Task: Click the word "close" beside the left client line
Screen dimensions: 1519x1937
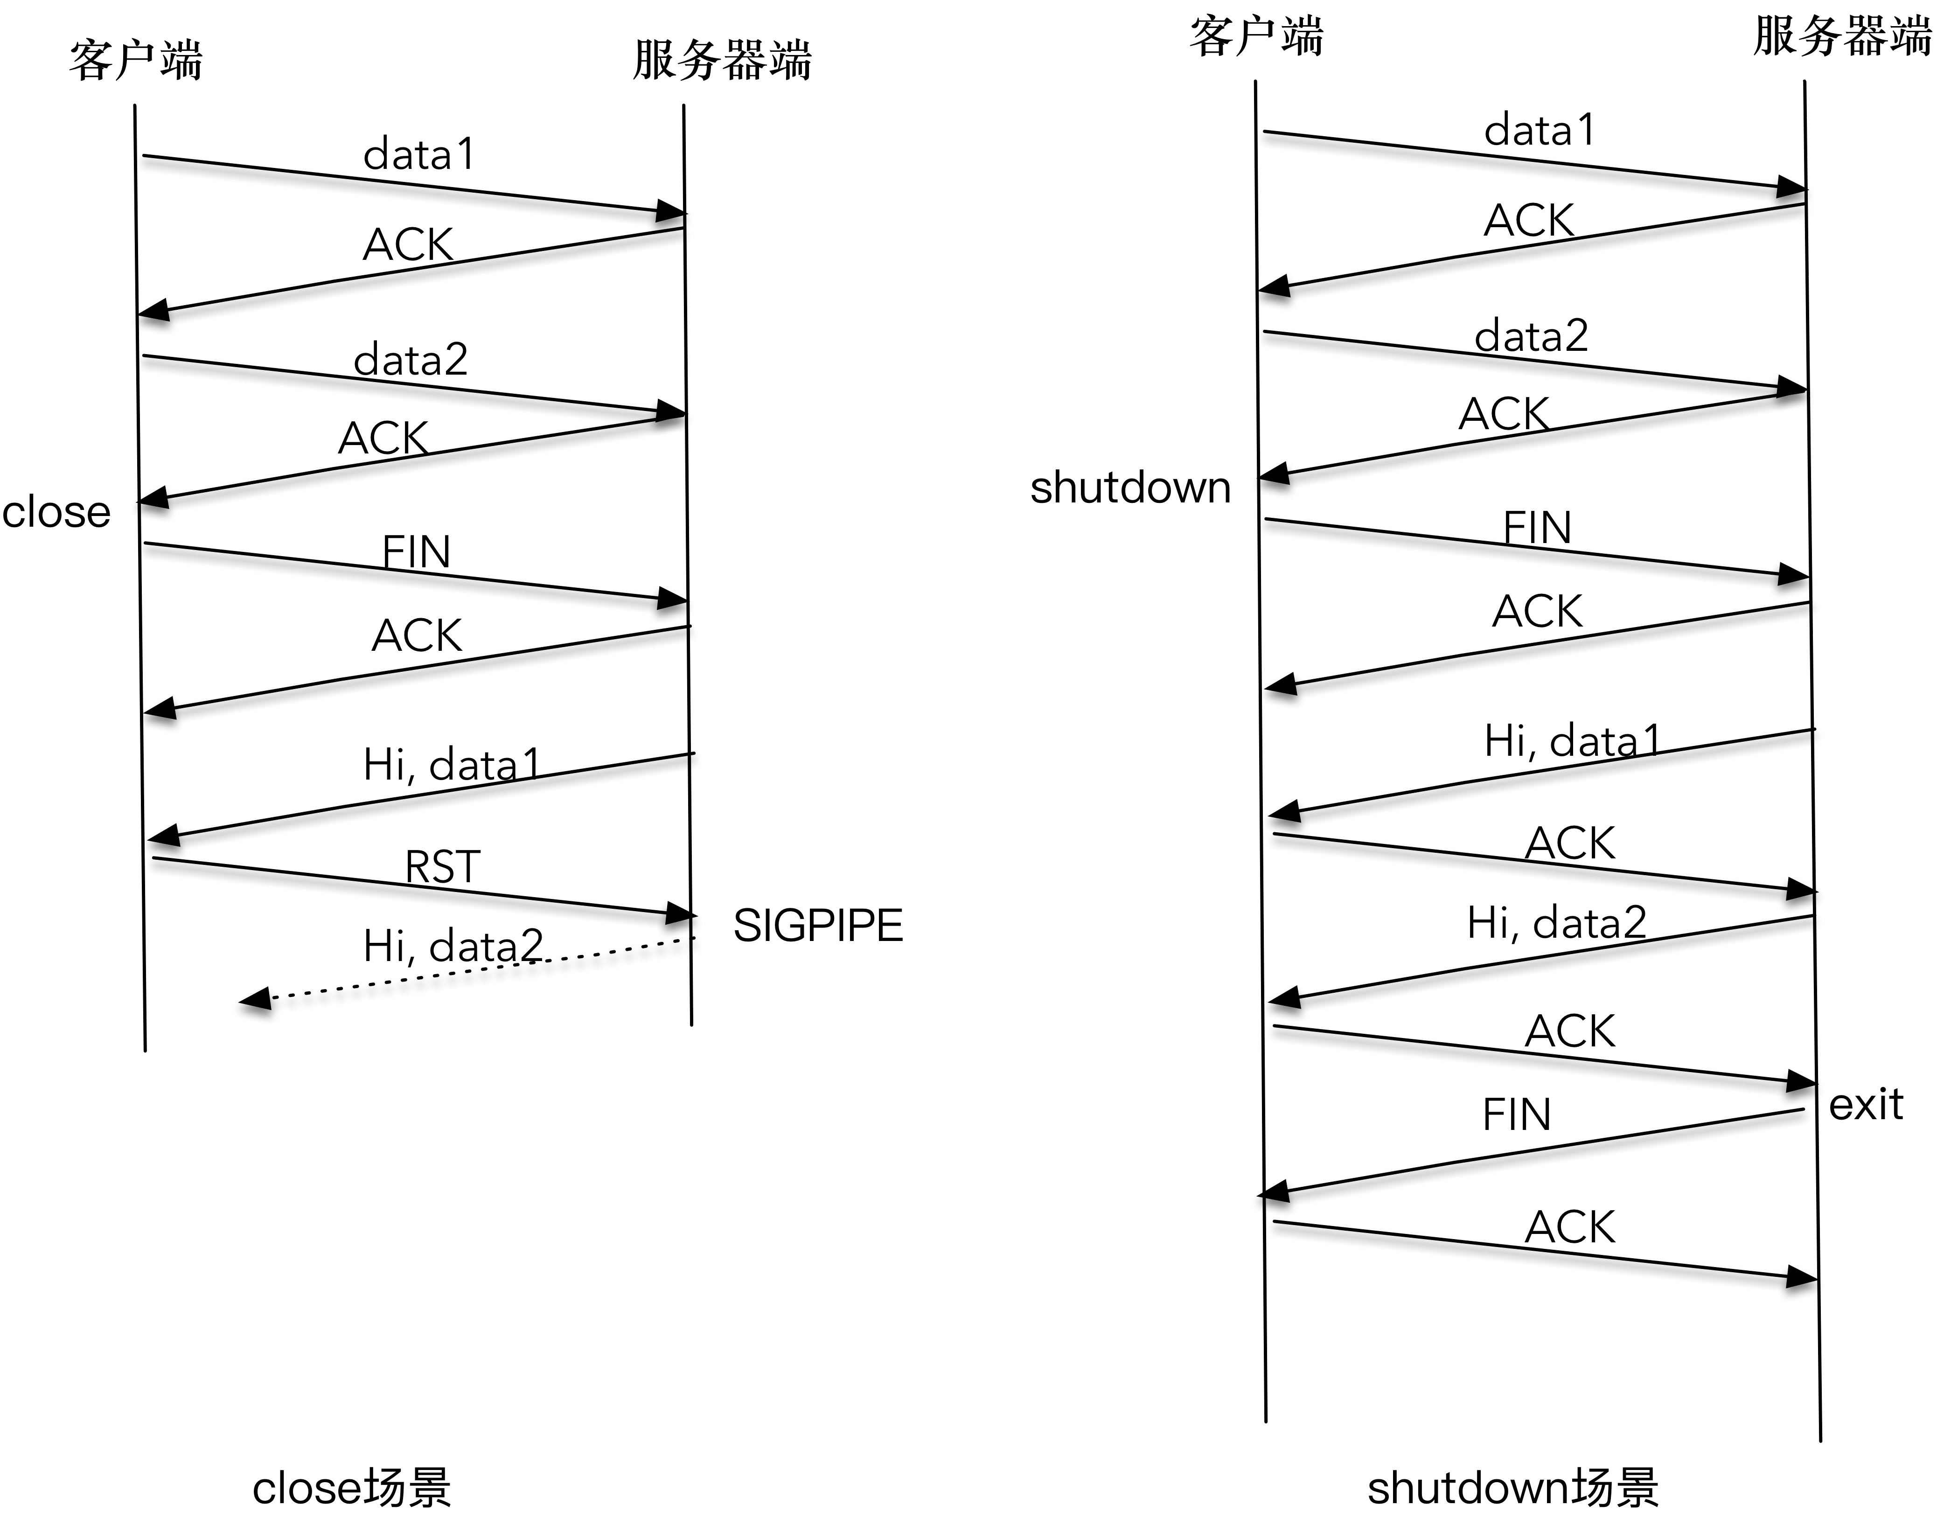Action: tap(56, 512)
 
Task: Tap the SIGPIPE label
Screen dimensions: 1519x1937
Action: tap(817, 926)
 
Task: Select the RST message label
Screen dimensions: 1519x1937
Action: tap(442, 866)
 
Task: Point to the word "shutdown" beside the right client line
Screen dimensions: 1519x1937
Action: tap(1129, 488)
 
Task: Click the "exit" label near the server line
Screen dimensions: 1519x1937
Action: tap(1865, 1105)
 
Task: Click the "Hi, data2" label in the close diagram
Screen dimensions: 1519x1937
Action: tap(453, 945)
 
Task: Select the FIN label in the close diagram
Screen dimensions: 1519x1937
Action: tap(416, 551)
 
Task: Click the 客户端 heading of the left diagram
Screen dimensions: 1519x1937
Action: tap(136, 61)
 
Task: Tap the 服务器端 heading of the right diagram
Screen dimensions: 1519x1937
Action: tap(1841, 37)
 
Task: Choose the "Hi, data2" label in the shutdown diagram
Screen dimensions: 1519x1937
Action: tap(1556, 922)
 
